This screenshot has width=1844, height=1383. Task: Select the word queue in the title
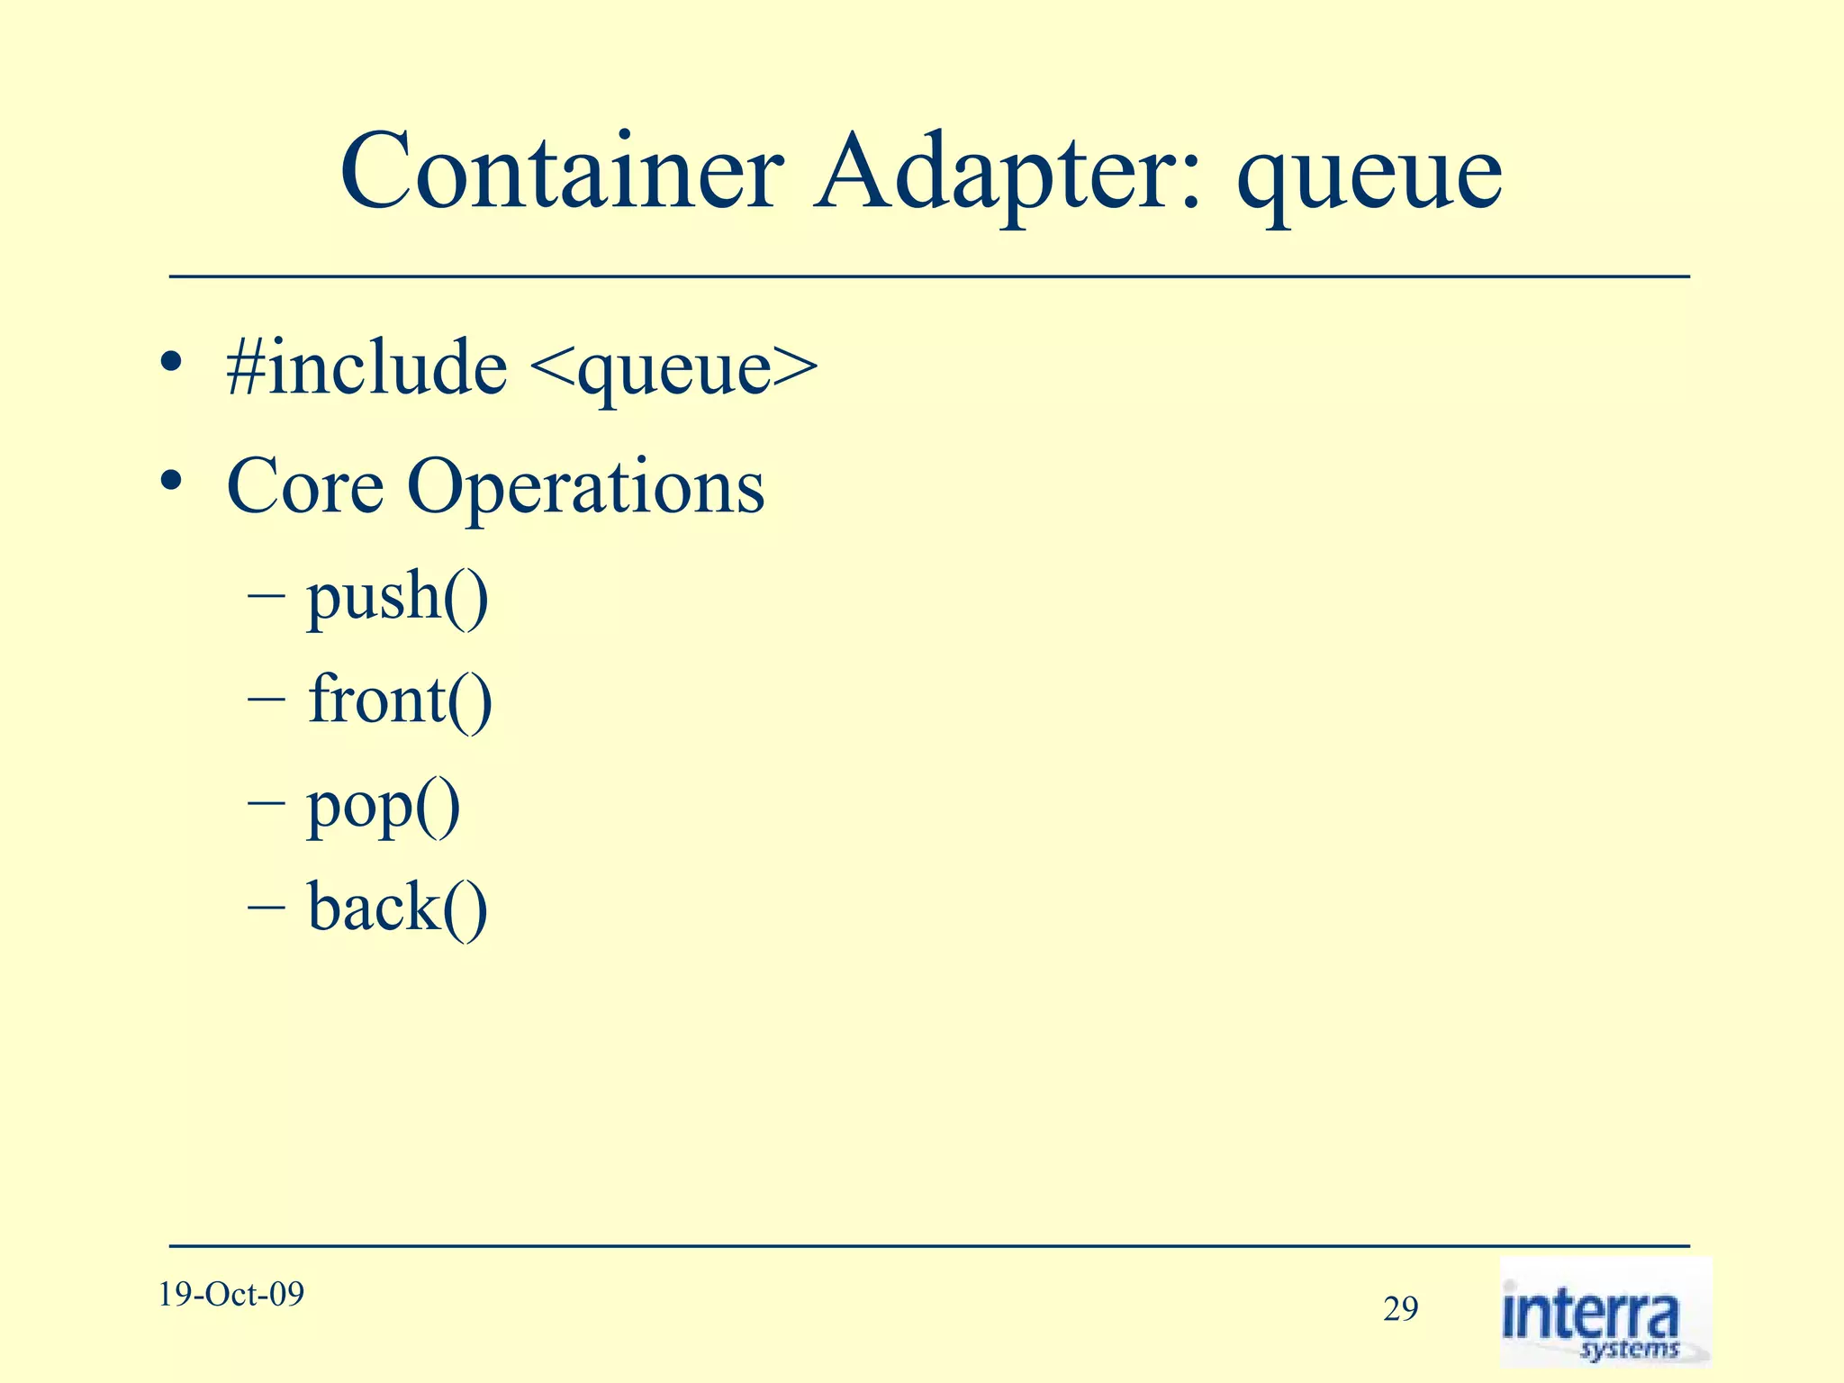point(1369,176)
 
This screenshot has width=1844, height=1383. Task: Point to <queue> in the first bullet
point(674,369)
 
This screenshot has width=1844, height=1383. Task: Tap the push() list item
point(397,598)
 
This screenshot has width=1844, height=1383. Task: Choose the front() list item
point(400,700)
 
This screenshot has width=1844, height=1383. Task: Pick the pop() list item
point(384,806)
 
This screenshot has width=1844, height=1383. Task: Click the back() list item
point(397,908)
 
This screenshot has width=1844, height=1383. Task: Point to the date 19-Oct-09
point(231,1295)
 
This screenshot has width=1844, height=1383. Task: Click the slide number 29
point(1400,1309)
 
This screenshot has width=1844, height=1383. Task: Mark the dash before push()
point(267,595)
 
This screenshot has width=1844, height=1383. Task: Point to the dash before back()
point(267,906)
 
